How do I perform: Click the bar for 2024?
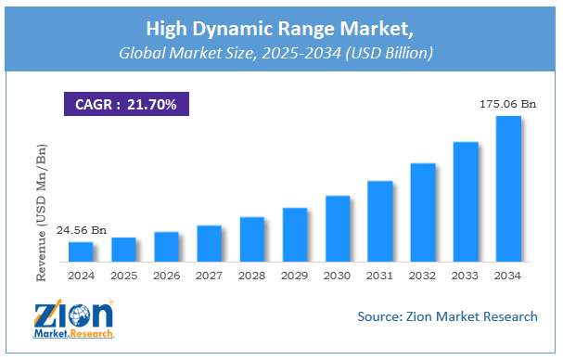81,251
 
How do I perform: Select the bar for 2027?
210,243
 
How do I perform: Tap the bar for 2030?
338,228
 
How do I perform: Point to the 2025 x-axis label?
123,276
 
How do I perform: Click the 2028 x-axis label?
252,276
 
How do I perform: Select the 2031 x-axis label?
380,276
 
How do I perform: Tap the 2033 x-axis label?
466,276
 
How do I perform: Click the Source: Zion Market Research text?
447,317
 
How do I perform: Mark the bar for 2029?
295,235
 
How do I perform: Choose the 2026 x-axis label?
166,276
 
